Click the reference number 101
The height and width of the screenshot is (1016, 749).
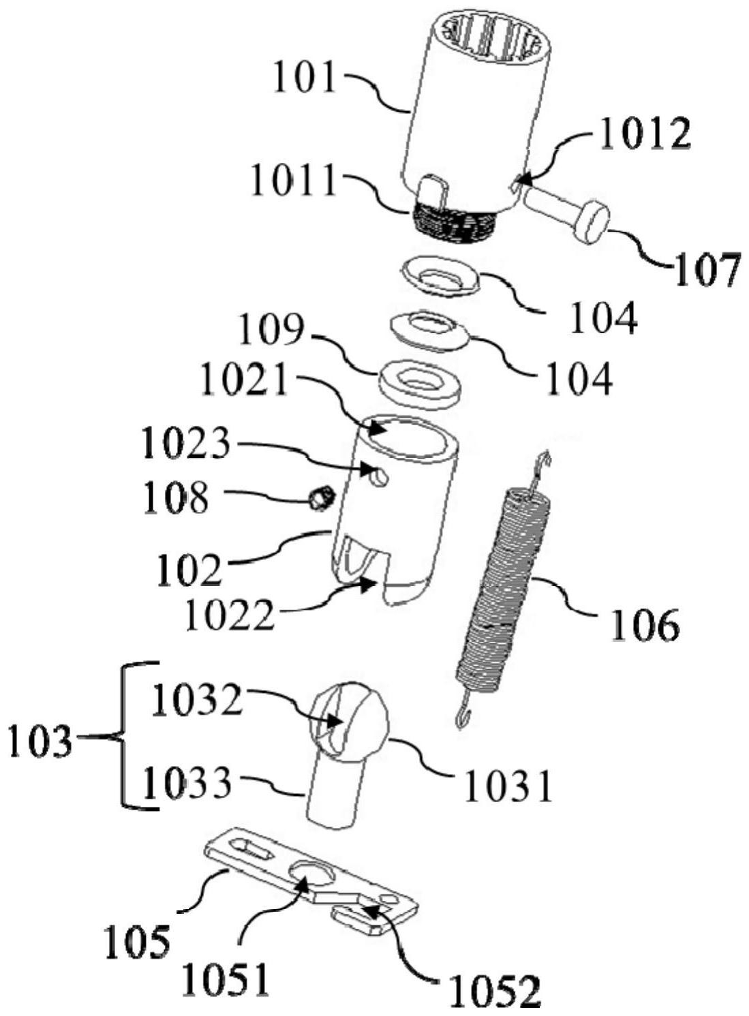point(305,78)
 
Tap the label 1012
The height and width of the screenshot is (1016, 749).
point(644,134)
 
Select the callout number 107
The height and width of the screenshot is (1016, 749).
point(706,271)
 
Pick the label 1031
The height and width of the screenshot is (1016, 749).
point(507,787)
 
